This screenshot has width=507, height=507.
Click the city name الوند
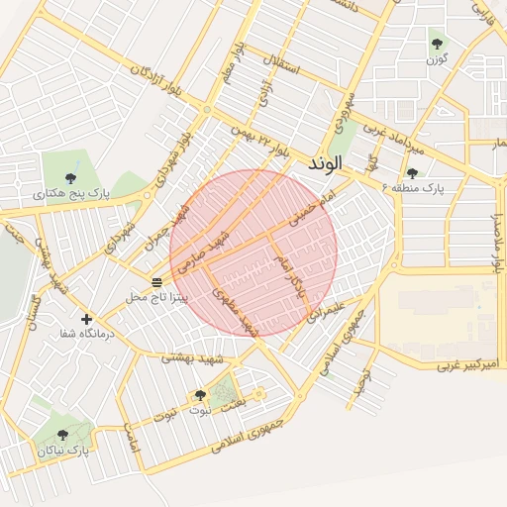[325, 161]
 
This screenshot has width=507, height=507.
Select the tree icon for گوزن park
[437, 43]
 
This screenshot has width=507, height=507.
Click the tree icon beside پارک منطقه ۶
[412, 173]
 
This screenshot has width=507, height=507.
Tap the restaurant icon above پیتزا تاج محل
[156, 281]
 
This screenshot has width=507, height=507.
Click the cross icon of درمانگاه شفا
[87, 319]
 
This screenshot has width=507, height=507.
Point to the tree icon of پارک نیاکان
[62, 435]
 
